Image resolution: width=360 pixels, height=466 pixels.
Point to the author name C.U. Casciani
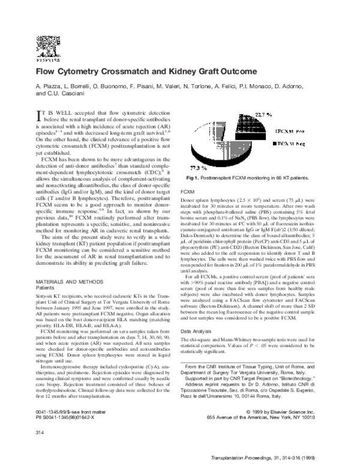(68, 94)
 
